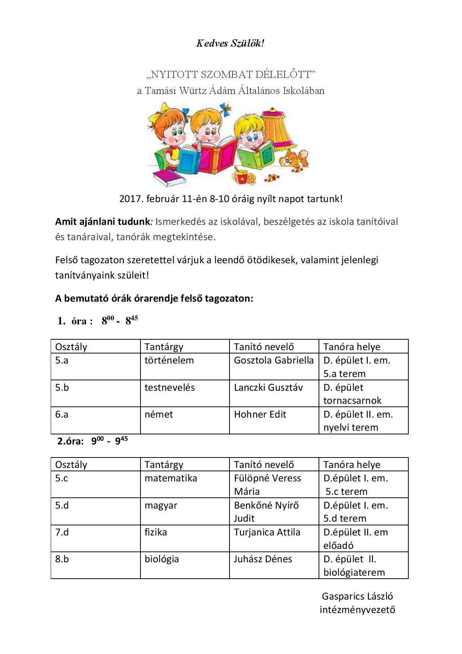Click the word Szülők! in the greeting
[247, 43]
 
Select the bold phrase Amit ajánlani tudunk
[102, 222]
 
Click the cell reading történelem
[169, 361]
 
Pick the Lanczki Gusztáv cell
[268, 388]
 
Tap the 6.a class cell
[62, 415]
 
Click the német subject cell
[159, 415]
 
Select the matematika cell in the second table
[171, 478]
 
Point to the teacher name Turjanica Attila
[267, 532]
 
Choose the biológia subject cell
[162, 559]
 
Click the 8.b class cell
[62, 559]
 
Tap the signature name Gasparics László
[357, 597]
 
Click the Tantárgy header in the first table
[164, 347]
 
